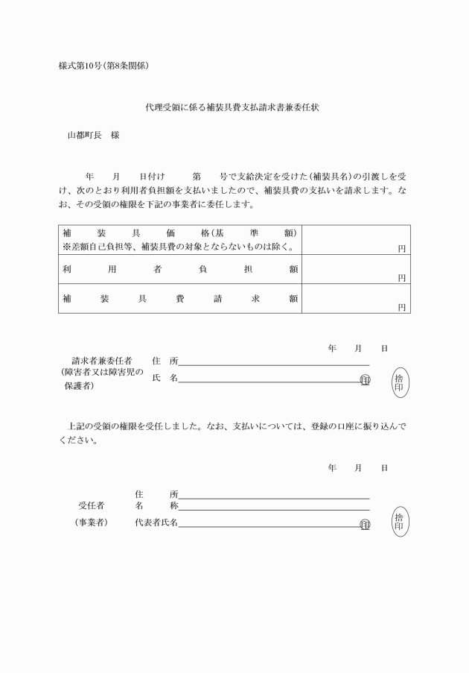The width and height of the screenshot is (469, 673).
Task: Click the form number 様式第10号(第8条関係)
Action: (104, 66)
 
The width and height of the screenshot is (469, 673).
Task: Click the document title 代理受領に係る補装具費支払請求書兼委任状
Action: (234, 107)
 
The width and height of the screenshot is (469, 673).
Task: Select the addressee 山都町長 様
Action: (93, 136)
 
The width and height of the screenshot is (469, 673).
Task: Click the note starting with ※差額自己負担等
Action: (179, 246)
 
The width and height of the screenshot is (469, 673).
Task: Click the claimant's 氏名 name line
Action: (268, 381)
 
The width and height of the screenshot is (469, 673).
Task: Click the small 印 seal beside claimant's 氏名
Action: (365, 379)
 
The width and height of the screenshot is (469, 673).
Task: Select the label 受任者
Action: (92, 505)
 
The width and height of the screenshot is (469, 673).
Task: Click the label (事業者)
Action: (92, 522)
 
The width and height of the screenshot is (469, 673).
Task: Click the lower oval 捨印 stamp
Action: (400, 520)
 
